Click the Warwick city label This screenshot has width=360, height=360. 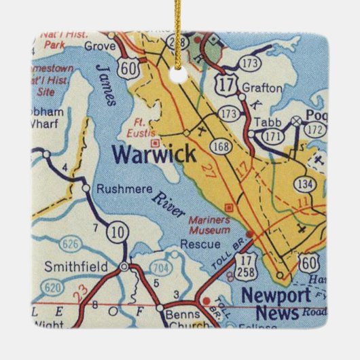click(x=154, y=154)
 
